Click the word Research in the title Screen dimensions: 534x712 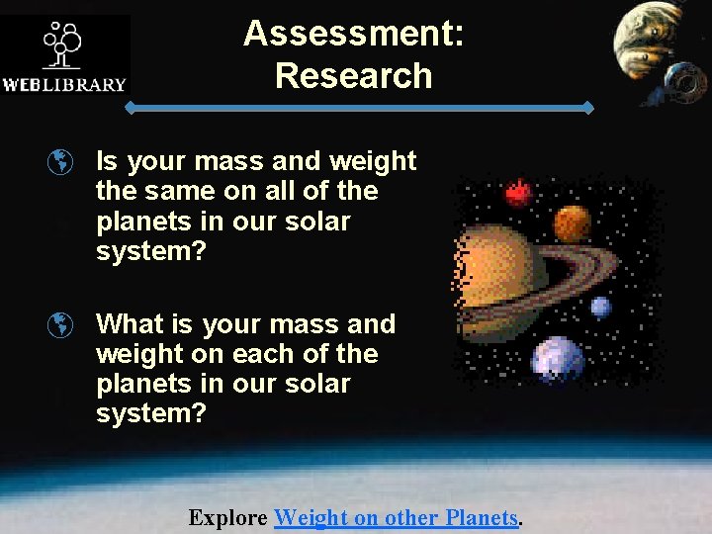(x=354, y=75)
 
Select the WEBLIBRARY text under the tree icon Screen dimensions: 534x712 (x=64, y=84)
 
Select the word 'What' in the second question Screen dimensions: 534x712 (x=131, y=324)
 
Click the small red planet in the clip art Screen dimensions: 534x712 (x=518, y=192)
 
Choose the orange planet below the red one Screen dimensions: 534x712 (x=572, y=223)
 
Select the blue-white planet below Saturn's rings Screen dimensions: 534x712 (x=557, y=359)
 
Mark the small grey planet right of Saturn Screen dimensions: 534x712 (x=601, y=308)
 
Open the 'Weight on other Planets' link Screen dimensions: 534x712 (x=396, y=517)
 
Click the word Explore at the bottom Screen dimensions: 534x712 (x=227, y=517)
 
